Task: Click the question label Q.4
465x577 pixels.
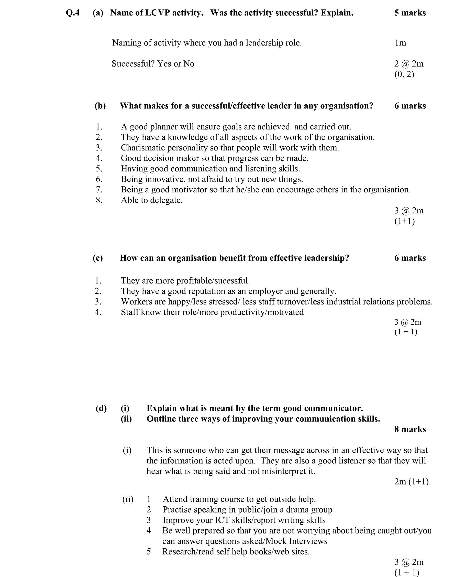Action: tap(73, 13)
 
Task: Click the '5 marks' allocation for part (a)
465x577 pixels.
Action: tap(410, 13)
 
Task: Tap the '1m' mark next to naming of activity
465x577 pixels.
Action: tap(400, 43)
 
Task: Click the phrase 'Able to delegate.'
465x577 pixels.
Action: tap(152, 200)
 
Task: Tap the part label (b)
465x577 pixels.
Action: tap(100, 106)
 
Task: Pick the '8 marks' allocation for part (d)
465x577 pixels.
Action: tap(410, 429)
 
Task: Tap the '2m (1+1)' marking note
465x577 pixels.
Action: tap(411, 482)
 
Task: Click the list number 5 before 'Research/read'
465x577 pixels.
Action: tap(149, 551)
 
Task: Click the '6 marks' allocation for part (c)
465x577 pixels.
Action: tap(410, 258)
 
